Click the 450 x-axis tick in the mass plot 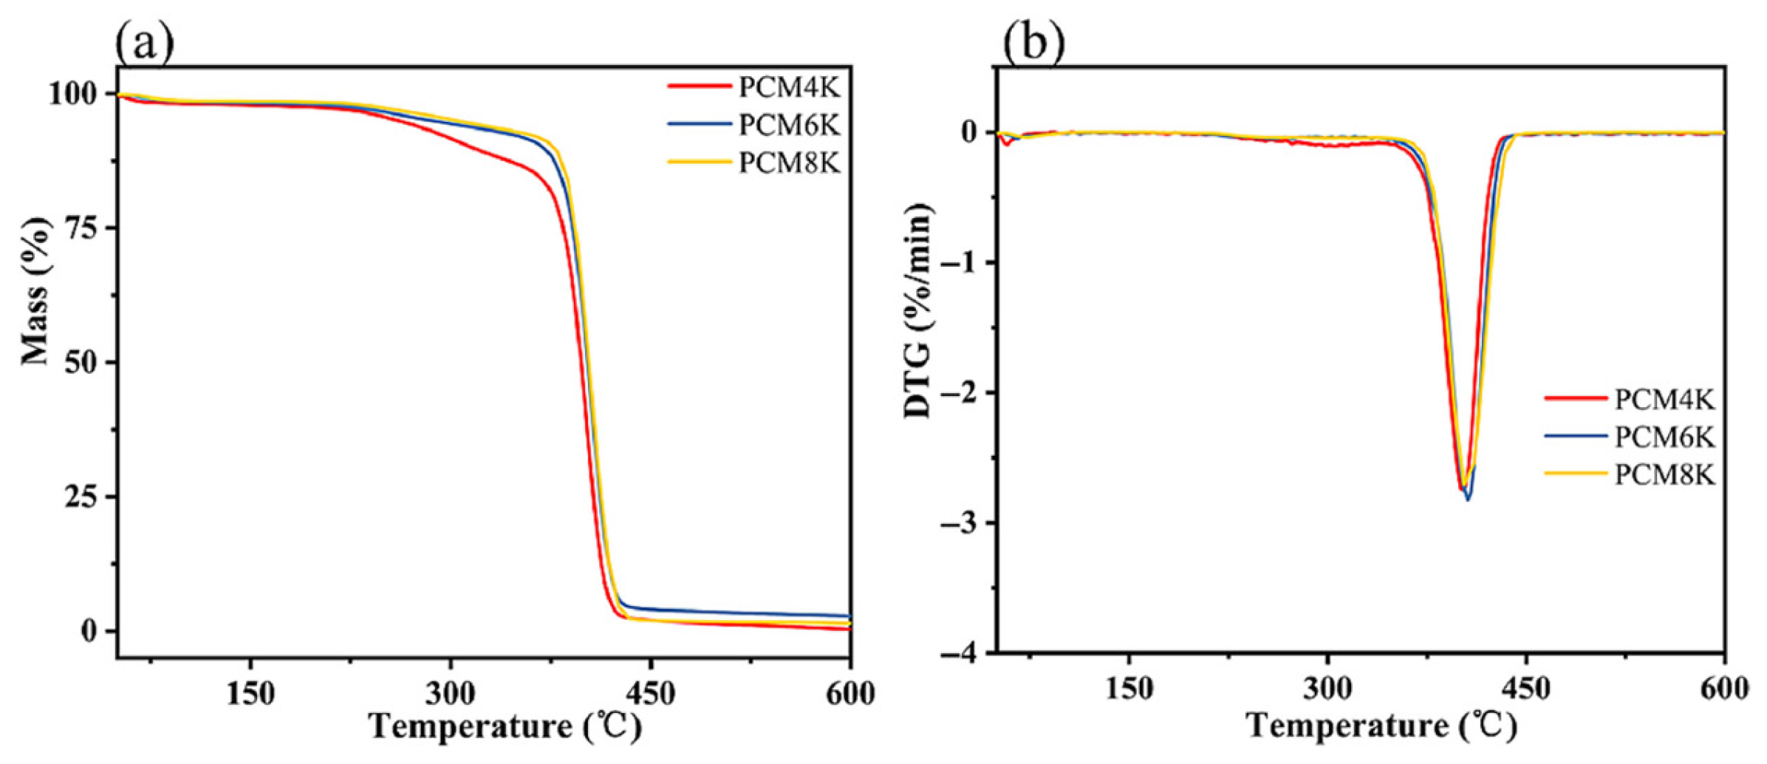point(650,693)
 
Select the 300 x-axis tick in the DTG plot point(1327,689)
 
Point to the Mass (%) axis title point(35,292)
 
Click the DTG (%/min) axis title point(918,311)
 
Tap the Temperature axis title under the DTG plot point(1381,726)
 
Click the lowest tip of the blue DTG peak point(1468,499)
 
